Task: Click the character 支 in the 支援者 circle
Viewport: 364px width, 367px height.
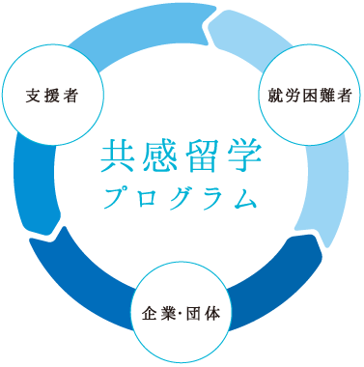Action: tap(34, 96)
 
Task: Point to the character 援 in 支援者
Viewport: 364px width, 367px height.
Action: tap(51, 96)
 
